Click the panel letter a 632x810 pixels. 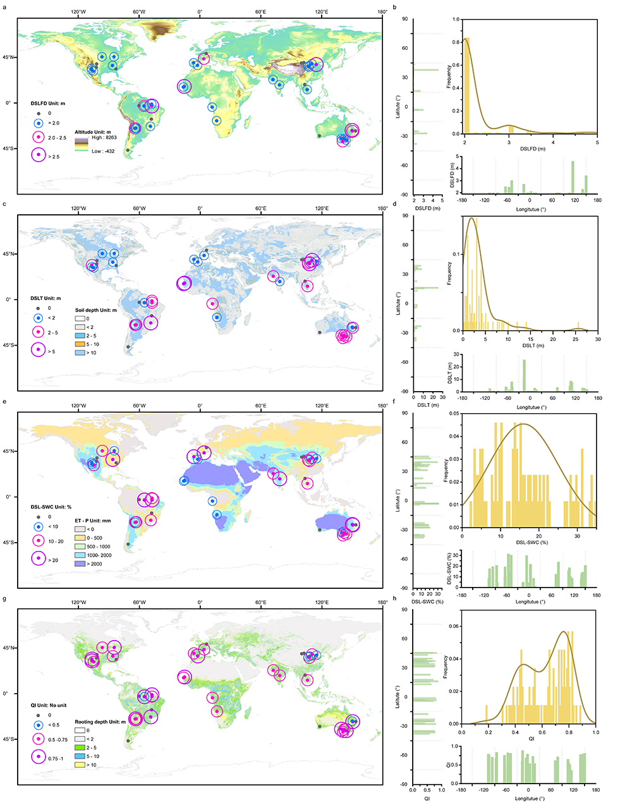5,6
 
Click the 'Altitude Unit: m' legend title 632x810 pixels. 92,132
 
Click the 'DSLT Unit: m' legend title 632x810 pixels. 46,298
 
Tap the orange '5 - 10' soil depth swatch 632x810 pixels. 80,344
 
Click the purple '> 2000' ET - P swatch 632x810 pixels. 80,564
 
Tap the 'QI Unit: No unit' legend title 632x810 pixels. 48,705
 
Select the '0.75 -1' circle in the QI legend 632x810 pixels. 39,758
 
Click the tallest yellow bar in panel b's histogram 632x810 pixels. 467,85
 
